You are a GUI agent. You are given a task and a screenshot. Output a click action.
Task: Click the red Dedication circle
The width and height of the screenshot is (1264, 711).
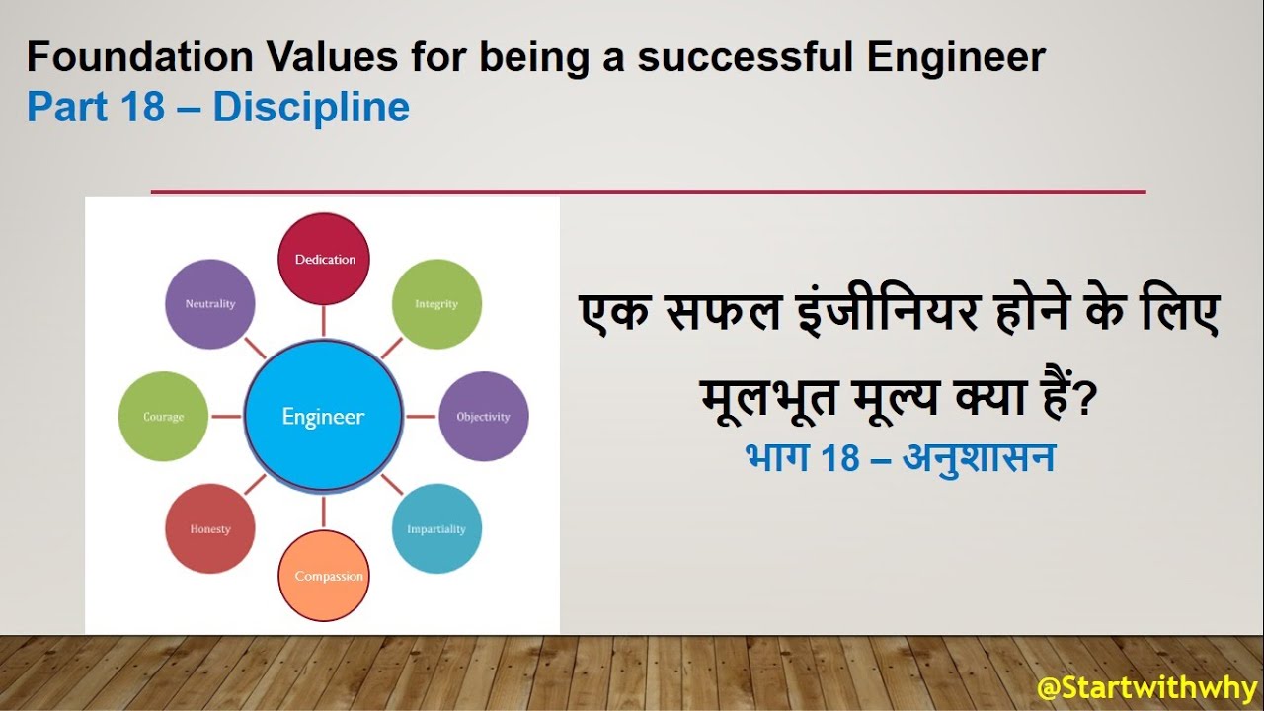324,259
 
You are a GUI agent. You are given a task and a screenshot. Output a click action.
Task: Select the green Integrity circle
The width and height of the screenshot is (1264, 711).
436,304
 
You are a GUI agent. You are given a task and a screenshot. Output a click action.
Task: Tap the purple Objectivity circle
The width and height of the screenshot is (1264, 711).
483,417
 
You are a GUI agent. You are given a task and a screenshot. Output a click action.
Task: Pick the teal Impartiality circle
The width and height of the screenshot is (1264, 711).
436,528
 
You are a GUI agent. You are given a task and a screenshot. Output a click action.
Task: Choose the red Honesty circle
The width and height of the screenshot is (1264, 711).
210,528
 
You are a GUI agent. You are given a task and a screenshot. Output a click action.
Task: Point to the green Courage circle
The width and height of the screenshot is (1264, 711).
164,417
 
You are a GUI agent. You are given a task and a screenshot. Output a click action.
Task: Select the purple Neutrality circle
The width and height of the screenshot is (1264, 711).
210,304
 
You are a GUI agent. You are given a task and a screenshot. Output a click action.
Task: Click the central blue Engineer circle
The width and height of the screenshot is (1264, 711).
324,417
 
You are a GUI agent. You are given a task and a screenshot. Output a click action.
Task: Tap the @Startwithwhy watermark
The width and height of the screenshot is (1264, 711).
1146,687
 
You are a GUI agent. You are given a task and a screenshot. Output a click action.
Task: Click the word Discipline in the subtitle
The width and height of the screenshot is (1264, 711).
311,107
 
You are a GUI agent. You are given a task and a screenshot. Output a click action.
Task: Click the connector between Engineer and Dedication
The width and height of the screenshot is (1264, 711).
324,320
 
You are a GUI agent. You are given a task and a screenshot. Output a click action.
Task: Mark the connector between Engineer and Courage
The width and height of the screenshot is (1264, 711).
226,417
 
